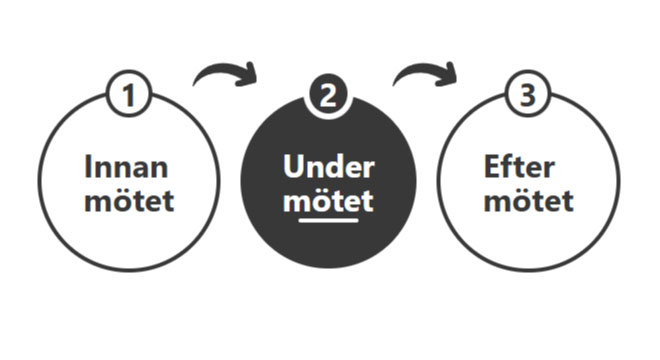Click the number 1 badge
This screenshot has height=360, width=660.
tap(129, 97)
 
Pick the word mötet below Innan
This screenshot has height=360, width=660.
tap(129, 201)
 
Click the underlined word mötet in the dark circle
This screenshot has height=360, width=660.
tap(328, 201)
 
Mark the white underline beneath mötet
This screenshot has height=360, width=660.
tap(328, 219)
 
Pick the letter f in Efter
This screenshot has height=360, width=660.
tap(508, 165)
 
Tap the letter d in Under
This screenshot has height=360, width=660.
tap(332, 165)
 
